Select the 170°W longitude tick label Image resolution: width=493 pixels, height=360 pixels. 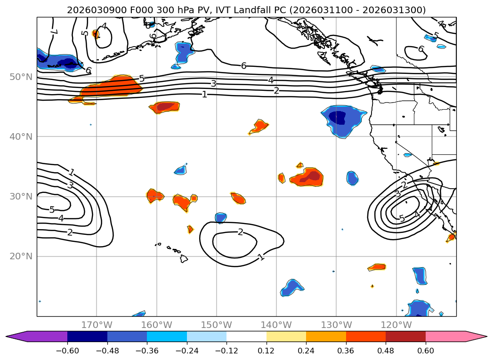[97, 325]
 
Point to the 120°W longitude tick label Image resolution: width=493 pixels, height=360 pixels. [396, 325]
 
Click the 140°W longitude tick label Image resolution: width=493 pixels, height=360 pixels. [276, 325]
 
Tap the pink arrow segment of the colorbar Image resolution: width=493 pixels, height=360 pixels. [454, 336]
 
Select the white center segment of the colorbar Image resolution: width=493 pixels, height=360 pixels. [246, 336]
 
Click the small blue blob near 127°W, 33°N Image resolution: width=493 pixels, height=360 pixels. [352, 178]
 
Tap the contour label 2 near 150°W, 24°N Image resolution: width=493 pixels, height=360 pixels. [240, 232]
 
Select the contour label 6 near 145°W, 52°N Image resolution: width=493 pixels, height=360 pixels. [243, 66]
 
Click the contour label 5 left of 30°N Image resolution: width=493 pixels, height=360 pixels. [52, 209]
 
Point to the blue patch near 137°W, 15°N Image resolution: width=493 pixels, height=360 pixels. [292, 287]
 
